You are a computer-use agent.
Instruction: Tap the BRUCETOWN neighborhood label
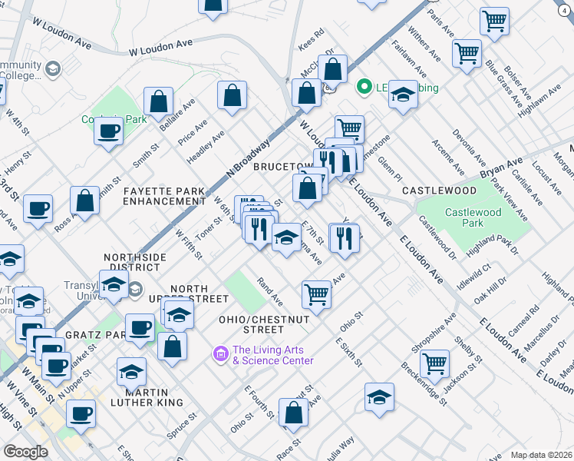coord(284,167)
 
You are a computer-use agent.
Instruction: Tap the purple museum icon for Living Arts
coord(220,354)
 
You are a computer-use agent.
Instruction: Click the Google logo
coord(25,452)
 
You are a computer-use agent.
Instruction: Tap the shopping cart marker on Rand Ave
coord(316,294)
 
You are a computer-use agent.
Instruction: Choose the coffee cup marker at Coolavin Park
coord(109,130)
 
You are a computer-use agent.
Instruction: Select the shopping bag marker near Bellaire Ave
coord(158,101)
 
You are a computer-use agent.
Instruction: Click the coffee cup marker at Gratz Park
coord(140,327)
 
